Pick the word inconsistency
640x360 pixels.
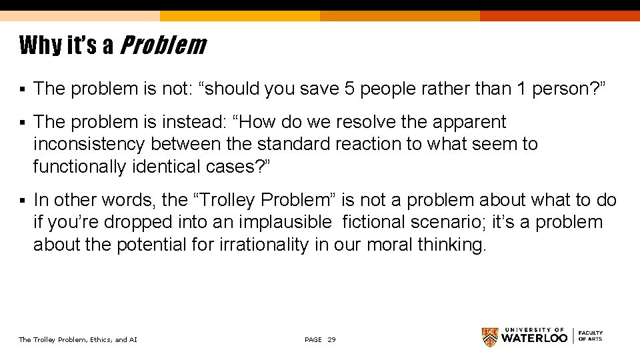[89, 144]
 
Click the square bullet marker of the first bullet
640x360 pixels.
[23, 89]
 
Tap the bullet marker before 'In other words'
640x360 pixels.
[23, 201]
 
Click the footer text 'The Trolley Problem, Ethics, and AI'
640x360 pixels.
[78, 340]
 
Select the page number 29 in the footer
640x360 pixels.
[332, 340]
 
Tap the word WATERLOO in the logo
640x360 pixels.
[534, 338]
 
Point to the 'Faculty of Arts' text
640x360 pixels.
[591, 336]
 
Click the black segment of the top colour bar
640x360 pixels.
[560, 5]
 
